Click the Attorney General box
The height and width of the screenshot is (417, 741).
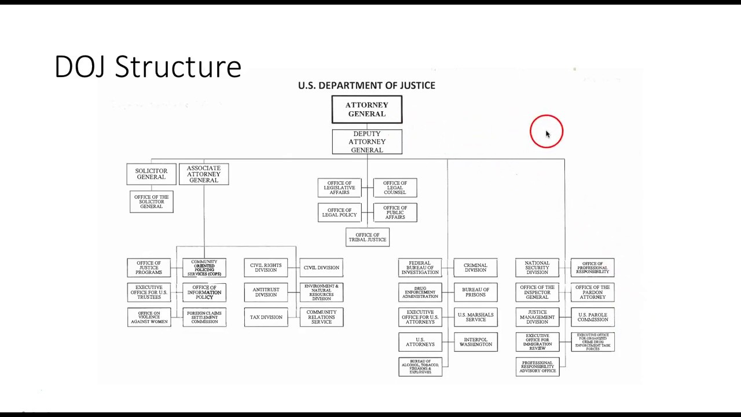point(366,109)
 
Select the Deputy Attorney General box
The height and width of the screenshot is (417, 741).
point(366,142)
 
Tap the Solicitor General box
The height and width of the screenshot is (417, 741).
point(151,174)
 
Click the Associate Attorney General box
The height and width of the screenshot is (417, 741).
point(204,174)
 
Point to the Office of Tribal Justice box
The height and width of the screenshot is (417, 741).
point(368,237)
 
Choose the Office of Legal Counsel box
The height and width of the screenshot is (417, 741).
point(395,188)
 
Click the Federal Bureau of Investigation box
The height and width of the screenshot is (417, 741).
point(420,268)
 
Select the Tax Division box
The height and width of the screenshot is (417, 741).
point(266,317)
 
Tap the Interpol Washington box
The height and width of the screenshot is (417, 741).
point(476,342)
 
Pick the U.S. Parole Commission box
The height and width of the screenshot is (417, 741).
point(592,317)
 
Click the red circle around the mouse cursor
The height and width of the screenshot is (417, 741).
point(546,131)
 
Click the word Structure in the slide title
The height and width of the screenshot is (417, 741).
point(178,67)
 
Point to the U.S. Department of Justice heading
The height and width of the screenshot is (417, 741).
point(366,85)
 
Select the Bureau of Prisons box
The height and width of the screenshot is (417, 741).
point(476,292)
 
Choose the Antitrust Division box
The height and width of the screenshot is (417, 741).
point(266,292)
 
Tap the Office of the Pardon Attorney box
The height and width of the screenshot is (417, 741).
point(592,292)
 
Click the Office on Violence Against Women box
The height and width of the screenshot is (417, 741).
point(149,317)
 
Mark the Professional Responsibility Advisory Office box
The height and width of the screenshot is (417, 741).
point(538,367)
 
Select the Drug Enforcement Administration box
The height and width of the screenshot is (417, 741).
point(420,292)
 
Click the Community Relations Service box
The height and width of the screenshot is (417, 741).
point(321,317)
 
